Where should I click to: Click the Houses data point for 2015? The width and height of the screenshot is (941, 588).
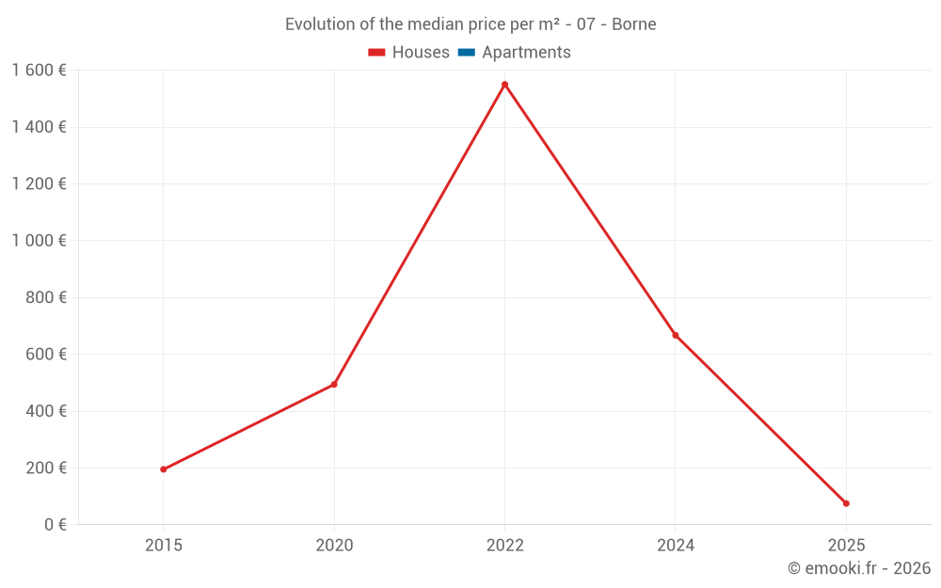pyautogui.click(x=164, y=469)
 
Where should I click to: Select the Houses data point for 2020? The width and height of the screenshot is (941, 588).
pyautogui.click(x=334, y=384)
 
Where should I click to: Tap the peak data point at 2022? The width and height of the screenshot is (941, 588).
pyautogui.click(x=504, y=85)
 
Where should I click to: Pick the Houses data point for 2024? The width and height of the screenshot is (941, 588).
pyautogui.click(x=676, y=335)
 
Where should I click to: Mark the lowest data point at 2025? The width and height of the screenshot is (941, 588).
pyautogui.click(x=846, y=503)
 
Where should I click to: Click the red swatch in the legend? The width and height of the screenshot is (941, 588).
pyautogui.click(x=377, y=53)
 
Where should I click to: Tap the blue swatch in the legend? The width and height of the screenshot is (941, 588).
pyautogui.click(x=466, y=53)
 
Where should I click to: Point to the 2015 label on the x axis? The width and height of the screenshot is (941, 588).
pyautogui.click(x=164, y=545)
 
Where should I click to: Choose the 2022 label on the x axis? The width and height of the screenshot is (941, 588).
pyautogui.click(x=504, y=545)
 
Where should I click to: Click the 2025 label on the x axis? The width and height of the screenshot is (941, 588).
pyautogui.click(x=846, y=545)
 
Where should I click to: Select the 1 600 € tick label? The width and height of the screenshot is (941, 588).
pyautogui.click(x=40, y=71)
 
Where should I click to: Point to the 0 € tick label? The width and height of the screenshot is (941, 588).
pyautogui.click(x=53, y=525)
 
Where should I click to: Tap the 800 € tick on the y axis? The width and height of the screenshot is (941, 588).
pyautogui.click(x=46, y=297)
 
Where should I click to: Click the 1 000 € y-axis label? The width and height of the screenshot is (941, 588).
pyautogui.click(x=40, y=241)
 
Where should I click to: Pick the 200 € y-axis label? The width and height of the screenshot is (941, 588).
pyautogui.click(x=46, y=468)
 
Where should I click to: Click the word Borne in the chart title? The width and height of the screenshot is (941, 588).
pyautogui.click(x=634, y=24)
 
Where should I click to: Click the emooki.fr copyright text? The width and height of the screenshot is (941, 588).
pyautogui.click(x=859, y=568)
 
